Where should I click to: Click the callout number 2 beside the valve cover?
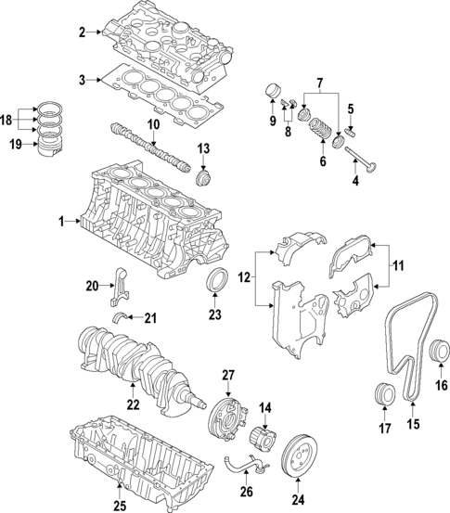pyautogui.click(x=82, y=33)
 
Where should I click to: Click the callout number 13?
pyautogui.click(x=204, y=148)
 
